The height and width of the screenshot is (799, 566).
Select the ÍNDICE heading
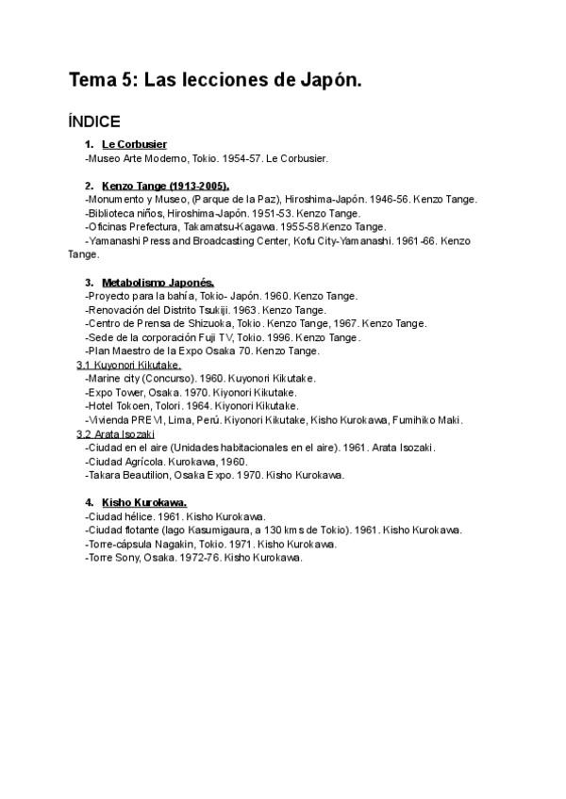click(x=94, y=122)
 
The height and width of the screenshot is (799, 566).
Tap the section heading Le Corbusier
click(x=134, y=144)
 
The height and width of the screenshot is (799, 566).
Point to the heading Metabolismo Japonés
click(x=158, y=282)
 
